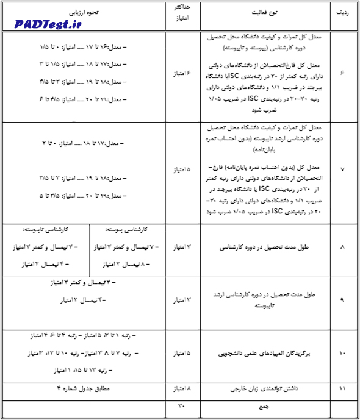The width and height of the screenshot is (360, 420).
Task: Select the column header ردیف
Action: tap(342, 12)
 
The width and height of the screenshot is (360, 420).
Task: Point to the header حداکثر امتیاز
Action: tap(183, 13)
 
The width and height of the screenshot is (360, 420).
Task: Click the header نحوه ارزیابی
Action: tap(85, 12)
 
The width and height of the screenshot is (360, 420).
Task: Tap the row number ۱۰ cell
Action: tap(342, 353)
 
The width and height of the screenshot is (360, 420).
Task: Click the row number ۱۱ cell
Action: tap(342, 387)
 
